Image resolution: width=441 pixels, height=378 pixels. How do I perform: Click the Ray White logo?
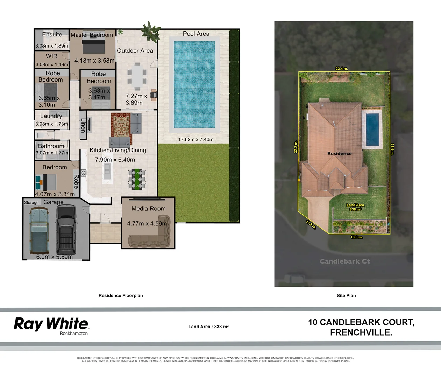pyautogui.click(x=51, y=324)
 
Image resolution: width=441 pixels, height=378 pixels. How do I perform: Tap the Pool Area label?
pyautogui.click(x=196, y=34)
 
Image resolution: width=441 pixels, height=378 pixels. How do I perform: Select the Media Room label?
pyautogui.click(x=148, y=209)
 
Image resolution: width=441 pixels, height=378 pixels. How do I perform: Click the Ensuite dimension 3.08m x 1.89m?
pyautogui.click(x=52, y=46)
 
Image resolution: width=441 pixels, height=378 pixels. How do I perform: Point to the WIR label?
pyautogui.click(x=51, y=56)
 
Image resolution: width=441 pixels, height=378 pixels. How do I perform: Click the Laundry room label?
pyautogui.click(x=51, y=116)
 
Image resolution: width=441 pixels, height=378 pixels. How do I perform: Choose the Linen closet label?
pyautogui.click(x=83, y=125)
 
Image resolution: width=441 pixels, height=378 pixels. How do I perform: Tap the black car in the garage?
pyautogui.click(x=66, y=229)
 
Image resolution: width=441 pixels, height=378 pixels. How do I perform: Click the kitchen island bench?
pyautogui.click(x=107, y=171)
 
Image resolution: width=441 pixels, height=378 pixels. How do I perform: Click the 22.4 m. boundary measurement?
pyautogui.click(x=342, y=69)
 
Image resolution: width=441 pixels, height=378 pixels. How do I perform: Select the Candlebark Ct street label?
pyautogui.click(x=344, y=261)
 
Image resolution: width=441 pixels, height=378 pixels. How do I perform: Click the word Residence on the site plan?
pyautogui.click(x=339, y=153)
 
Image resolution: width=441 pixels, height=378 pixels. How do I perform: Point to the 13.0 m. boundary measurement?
pyautogui.click(x=356, y=237)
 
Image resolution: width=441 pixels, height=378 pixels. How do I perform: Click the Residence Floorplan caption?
pyautogui.click(x=121, y=296)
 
